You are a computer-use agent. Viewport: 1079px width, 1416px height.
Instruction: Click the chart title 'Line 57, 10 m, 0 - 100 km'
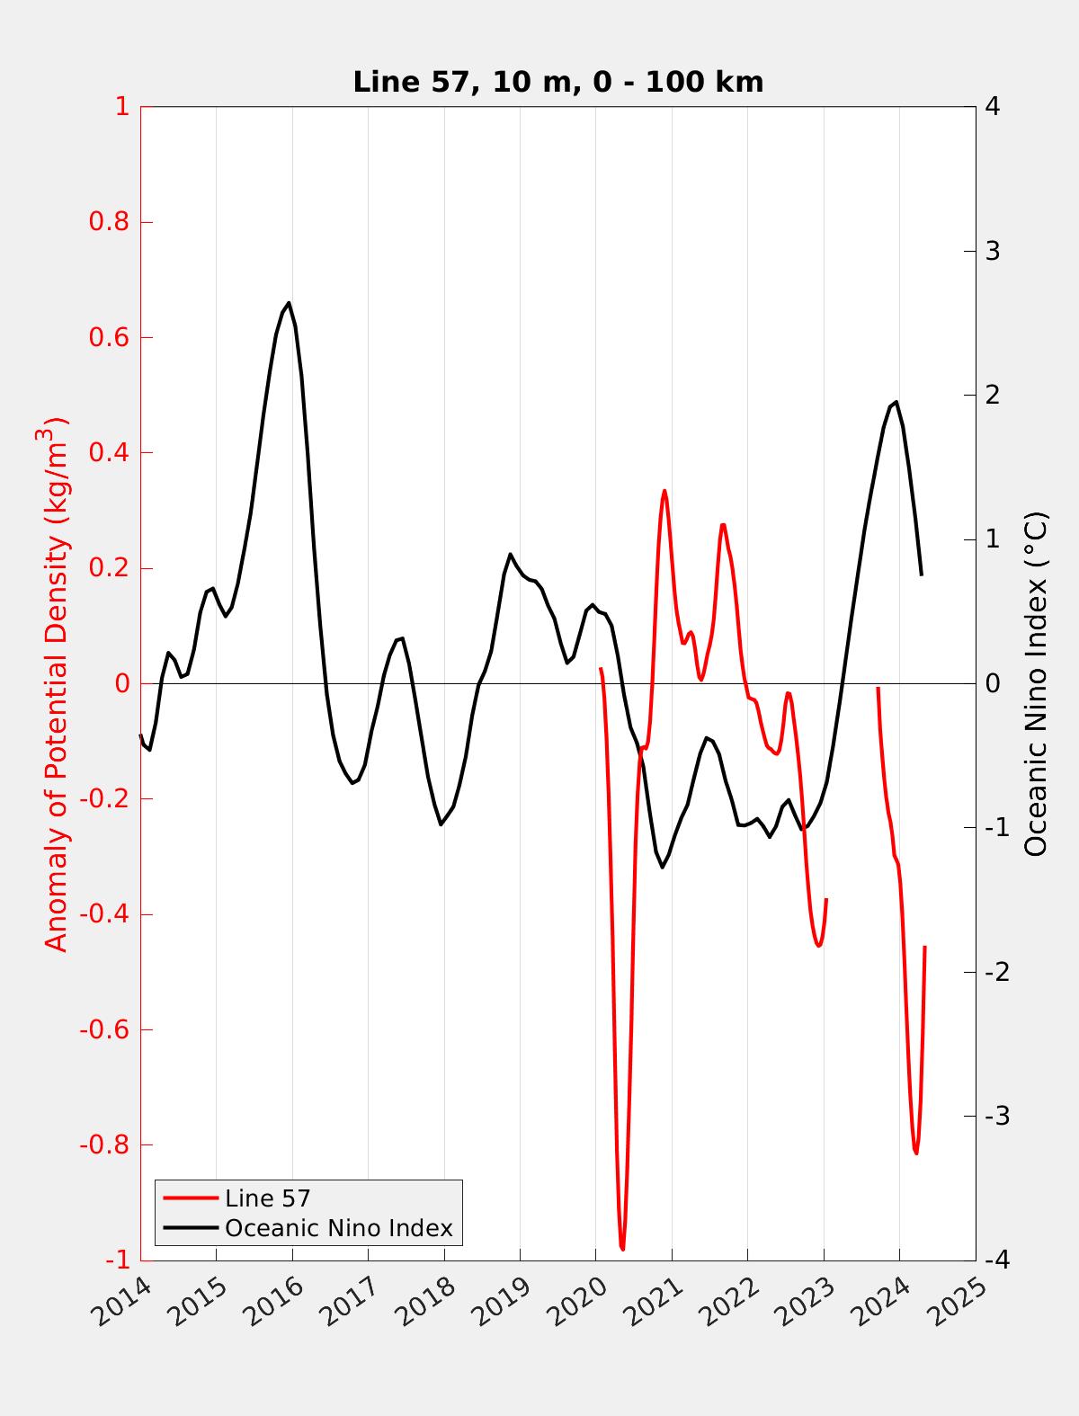click(557, 82)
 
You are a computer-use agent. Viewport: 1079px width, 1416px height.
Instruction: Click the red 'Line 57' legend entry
click(267, 1198)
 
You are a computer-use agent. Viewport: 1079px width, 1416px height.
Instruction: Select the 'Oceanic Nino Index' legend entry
click(338, 1228)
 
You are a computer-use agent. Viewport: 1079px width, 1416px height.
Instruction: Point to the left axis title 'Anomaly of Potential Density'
click(57, 683)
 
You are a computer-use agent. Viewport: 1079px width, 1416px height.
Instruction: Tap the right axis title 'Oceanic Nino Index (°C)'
click(1037, 683)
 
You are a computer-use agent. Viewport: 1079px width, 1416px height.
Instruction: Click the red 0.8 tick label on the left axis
click(108, 222)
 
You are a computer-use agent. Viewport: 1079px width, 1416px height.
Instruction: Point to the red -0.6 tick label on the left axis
click(104, 1029)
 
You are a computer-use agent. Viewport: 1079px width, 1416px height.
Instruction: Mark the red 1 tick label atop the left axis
click(121, 107)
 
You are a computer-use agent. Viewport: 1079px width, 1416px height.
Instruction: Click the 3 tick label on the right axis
click(993, 251)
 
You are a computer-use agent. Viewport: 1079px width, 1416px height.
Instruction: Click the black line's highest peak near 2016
click(289, 303)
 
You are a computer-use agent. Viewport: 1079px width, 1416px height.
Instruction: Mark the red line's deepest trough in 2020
click(622, 1249)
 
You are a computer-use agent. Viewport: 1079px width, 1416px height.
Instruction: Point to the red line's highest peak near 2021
click(664, 491)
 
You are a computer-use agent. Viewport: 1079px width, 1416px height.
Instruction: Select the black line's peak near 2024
click(896, 402)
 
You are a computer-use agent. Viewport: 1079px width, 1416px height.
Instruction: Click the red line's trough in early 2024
click(916, 1153)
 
